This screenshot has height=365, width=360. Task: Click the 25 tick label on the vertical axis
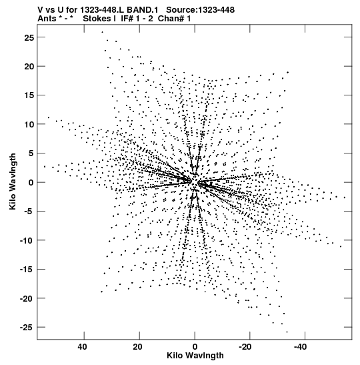[x=29, y=37]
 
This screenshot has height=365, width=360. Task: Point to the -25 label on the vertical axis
[x=27, y=328]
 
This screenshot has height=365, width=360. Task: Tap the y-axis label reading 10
[x=29, y=124]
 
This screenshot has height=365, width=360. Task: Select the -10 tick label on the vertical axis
[x=27, y=240]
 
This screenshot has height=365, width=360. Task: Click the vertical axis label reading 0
[x=31, y=183]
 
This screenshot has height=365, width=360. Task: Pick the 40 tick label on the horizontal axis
[x=83, y=347]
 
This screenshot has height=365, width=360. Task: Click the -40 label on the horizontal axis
[x=301, y=347]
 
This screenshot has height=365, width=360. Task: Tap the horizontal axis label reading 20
[x=138, y=347]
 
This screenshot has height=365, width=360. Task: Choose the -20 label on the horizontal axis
[x=245, y=347]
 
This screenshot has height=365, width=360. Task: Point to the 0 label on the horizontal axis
[x=195, y=347]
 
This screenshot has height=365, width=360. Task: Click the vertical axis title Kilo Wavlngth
[x=13, y=181]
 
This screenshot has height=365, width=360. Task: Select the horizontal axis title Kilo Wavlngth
[x=195, y=356]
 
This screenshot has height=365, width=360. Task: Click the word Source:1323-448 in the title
[x=201, y=10]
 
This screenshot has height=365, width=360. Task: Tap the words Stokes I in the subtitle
[x=99, y=19]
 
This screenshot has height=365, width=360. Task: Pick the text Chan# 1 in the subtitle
[x=175, y=19]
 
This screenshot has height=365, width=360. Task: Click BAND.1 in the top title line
[x=142, y=10]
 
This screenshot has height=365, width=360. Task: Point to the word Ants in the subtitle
[x=47, y=19]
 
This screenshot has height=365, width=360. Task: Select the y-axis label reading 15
[x=29, y=95]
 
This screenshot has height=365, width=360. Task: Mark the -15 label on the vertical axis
[x=27, y=270]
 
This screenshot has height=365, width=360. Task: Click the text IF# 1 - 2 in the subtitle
[x=137, y=19]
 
